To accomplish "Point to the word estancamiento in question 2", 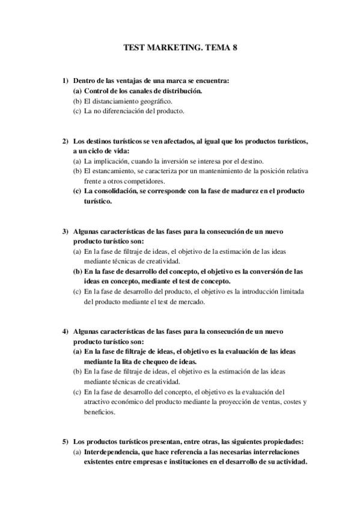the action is (116, 171).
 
